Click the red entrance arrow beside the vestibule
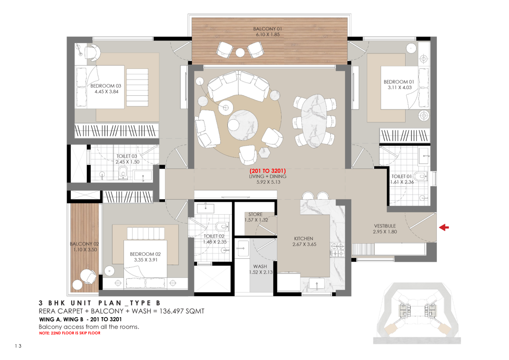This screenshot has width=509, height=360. [x=444, y=227]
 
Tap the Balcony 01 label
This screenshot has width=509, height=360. [x=268, y=29]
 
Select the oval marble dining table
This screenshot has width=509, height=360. [x=314, y=121]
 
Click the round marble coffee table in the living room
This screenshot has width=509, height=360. [x=243, y=125]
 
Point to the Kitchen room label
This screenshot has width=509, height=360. [x=303, y=239]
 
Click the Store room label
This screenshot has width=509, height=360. [x=256, y=215]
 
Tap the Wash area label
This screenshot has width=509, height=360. [x=260, y=266]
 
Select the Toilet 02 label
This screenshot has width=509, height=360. [x=214, y=236]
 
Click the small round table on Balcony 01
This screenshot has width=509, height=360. [x=240, y=52]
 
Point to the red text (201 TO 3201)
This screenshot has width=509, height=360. [x=268, y=171]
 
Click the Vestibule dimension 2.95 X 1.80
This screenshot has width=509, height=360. [x=385, y=232]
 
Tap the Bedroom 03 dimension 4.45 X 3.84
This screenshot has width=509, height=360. [x=106, y=92]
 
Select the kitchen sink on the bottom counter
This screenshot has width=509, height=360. [x=317, y=284]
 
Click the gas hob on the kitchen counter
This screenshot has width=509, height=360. [x=337, y=250]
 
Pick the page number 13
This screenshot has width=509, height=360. [x=18, y=346]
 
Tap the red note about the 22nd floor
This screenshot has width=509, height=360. [x=70, y=333]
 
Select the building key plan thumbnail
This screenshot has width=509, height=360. [x=417, y=313]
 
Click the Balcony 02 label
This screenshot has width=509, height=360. [x=84, y=244]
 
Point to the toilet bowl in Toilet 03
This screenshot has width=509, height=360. [x=123, y=172]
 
